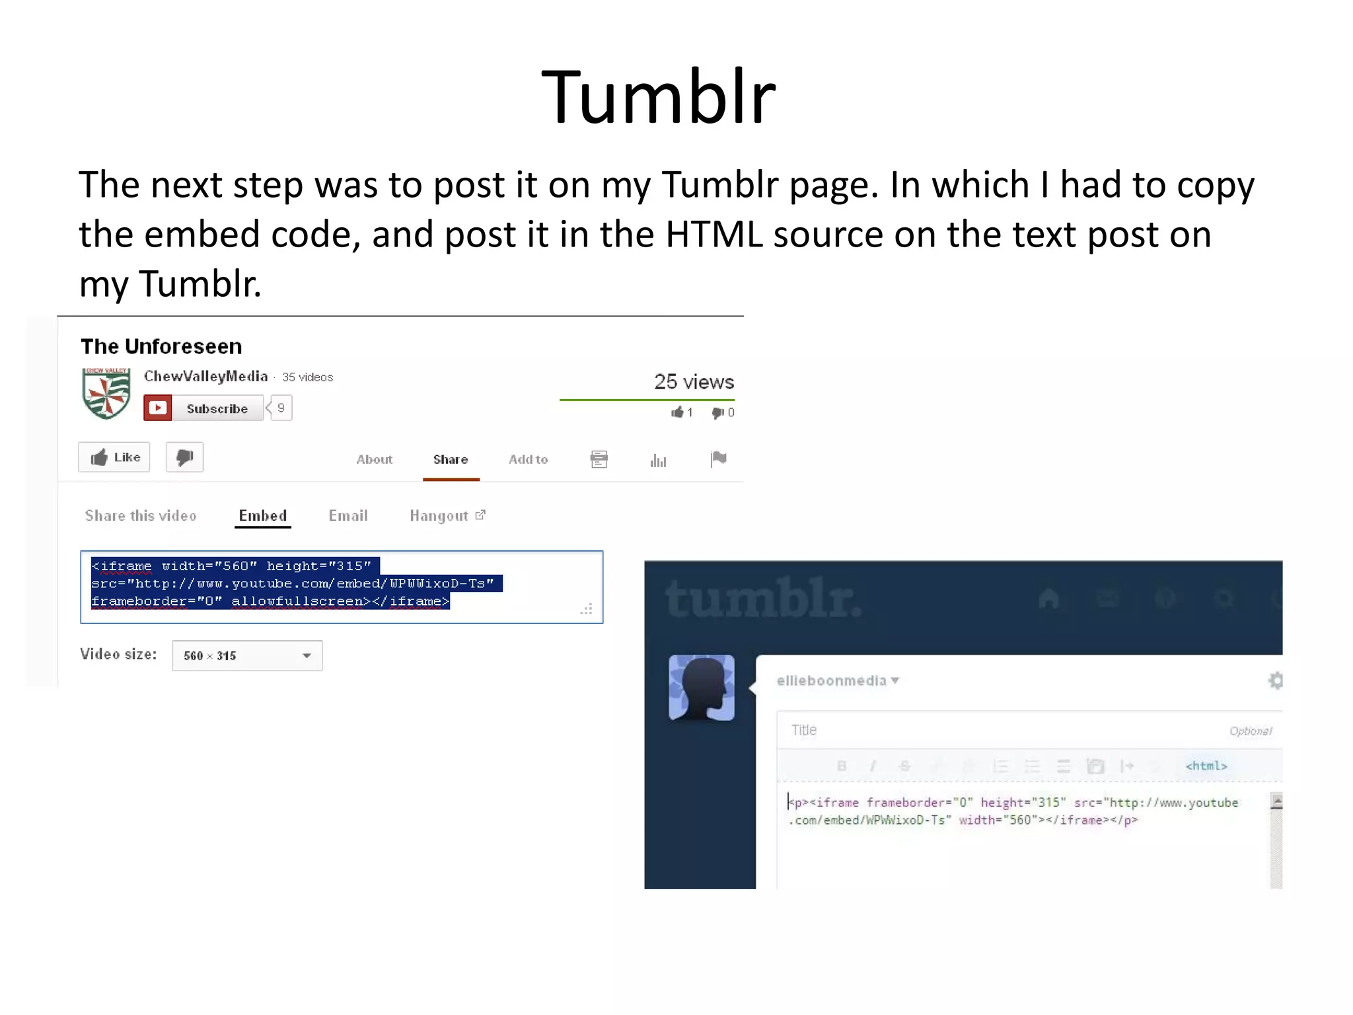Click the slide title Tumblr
[x=658, y=98]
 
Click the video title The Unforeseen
[x=161, y=346]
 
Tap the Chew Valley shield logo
[x=106, y=393]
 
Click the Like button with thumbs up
[x=114, y=457]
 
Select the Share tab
[x=451, y=459]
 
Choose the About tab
[x=374, y=459]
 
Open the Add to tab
[x=528, y=459]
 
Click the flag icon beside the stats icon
[x=718, y=459]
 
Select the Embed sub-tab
[x=262, y=515]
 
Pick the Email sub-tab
[x=348, y=515]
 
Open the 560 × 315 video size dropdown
[x=247, y=656]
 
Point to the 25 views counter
[x=694, y=382]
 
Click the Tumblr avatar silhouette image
[x=702, y=687]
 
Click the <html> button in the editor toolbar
[x=1206, y=766]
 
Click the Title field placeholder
[x=804, y=730]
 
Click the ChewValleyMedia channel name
[x=206, y=377]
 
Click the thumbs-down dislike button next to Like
[x=184, y=457]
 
